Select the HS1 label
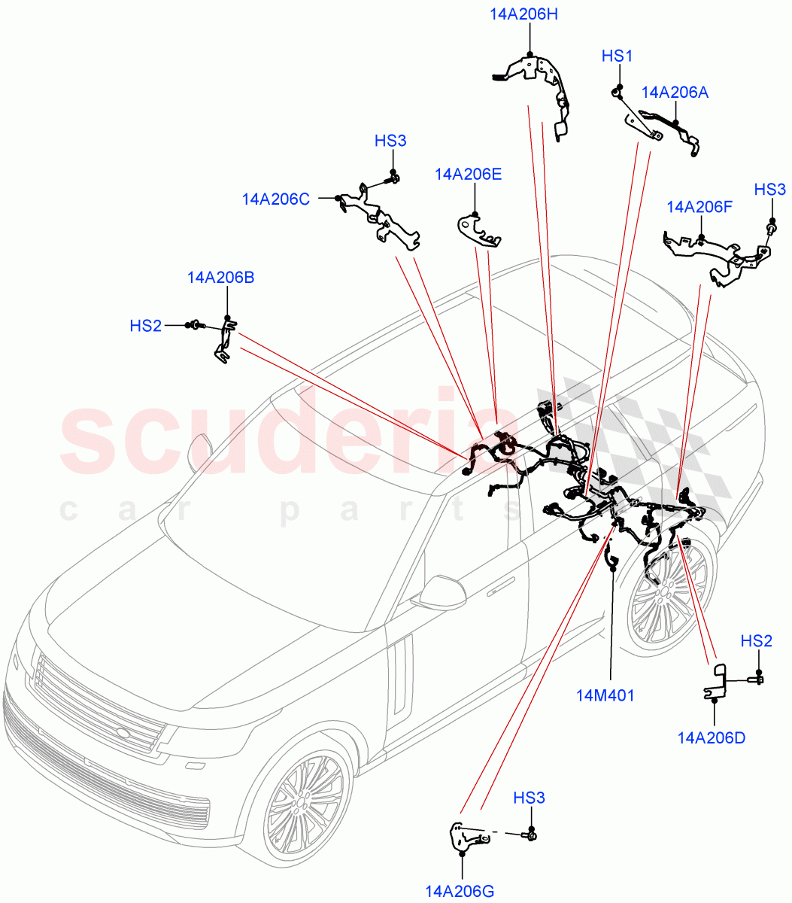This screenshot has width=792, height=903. pos(618,56)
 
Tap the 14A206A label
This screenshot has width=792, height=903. pos(675,93)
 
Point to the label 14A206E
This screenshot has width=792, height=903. pos(468,175)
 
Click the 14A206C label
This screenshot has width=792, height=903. pos(275,199)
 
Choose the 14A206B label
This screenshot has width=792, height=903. pos(220,278)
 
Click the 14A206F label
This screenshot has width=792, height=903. pos(699,207)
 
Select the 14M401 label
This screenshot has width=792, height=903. pos(605,695)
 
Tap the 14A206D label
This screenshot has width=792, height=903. pos(711,737)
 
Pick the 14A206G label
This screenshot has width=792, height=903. pos(460,892)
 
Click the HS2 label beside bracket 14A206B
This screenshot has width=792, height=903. pos(145,326)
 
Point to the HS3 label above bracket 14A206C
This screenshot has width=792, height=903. pos(390,141)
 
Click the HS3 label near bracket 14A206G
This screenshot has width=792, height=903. pos(530,798)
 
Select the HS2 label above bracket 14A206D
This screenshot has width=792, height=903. pos(756,641)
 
